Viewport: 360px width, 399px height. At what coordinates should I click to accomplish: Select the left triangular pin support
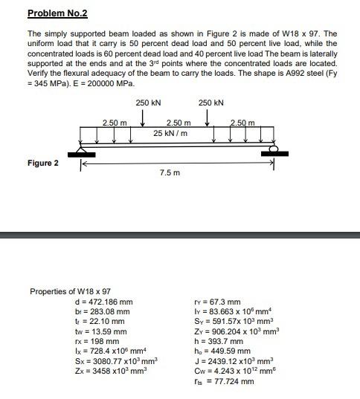82,152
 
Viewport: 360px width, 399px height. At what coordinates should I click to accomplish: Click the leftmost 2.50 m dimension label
115,122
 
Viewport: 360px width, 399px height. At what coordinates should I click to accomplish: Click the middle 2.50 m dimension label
179,122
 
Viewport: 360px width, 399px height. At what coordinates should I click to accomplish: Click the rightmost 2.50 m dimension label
242,122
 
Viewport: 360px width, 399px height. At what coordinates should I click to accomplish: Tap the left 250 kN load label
145,103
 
